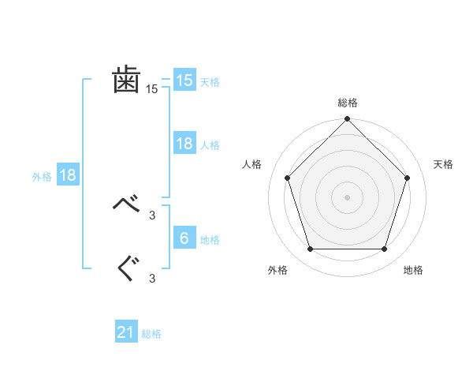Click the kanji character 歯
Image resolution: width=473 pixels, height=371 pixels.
(127, 80)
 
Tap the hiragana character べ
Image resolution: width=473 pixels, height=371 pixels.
(127, 205)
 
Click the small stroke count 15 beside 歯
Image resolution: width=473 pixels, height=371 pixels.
(152, 89)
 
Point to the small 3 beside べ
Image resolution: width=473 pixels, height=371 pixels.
(152, 215)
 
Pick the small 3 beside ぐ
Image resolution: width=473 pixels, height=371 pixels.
(152, 278)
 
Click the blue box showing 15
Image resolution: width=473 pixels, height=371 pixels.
(184, 81)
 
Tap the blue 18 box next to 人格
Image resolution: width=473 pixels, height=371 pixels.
(184, 144)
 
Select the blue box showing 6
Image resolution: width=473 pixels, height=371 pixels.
(184, 238)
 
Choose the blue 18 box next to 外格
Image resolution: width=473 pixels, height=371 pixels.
(68, 175)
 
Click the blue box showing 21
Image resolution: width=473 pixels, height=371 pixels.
(126, 333)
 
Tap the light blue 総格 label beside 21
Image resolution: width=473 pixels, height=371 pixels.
(151, 334)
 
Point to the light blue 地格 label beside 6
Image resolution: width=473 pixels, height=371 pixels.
(210, 239)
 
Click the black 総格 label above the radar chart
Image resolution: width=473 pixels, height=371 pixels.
(348, 103)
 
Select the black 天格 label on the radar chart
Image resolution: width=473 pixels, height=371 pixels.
(444, 164)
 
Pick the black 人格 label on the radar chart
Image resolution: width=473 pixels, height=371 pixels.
(251, 164)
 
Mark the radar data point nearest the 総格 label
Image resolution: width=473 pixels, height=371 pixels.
(348, 120)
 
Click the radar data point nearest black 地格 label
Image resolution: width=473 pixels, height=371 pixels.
(385, 249)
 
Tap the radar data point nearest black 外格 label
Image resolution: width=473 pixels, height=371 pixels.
(310, 249)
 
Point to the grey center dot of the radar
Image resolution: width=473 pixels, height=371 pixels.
(348, 197)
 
